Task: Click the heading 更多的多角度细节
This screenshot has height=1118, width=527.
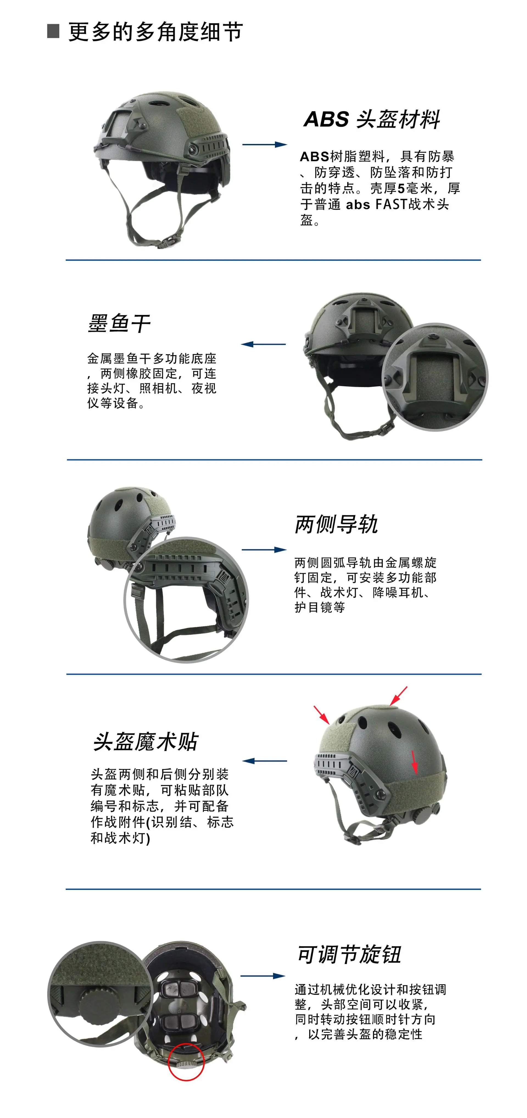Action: click(x=155, y=32)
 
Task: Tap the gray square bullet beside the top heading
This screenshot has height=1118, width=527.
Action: click(x=53, y=31)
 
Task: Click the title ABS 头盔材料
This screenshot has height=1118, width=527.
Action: click(x=372, y=119)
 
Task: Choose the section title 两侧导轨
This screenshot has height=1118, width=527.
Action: click(x=336, y=524)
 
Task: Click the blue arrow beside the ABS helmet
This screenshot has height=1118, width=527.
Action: click(x=264, y=144)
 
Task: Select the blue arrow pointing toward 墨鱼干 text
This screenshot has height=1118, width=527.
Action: click(x=263, y=344)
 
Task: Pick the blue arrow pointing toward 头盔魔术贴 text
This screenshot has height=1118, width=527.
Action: click(x=264, y=761)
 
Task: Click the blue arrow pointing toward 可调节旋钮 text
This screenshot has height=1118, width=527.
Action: click(x=263, y=976)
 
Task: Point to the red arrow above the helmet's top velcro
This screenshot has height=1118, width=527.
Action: click(x=398, y=696)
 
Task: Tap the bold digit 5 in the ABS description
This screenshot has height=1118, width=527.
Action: click(x=401, y=188)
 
